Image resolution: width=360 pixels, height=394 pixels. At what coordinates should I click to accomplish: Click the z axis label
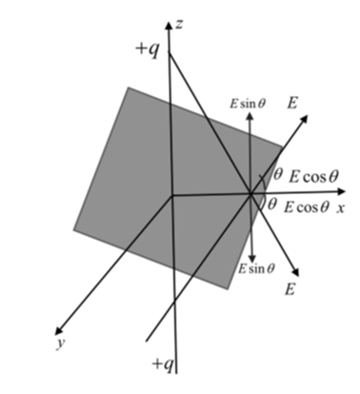pos(179,24)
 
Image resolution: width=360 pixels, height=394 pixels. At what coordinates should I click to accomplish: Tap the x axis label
pos(341,207)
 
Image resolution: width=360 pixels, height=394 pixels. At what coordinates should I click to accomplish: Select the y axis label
pos(61,343)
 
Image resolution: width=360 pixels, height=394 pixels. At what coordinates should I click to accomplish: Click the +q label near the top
pos(147,50)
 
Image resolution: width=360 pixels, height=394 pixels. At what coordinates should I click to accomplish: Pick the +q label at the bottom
pos(163,364)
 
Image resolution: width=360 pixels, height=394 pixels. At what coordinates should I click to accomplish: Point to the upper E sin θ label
pos(248,104)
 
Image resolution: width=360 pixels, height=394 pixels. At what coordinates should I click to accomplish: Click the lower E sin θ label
pos(256,268)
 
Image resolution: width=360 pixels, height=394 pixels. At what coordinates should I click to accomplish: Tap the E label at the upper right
pos(292,103)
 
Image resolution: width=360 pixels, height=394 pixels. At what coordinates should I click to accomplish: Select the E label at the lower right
pos(290,289)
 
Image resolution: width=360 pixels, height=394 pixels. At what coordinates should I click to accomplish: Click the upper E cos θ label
pos(313,176)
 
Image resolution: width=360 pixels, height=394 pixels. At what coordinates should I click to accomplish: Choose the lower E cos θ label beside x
pos(307,207)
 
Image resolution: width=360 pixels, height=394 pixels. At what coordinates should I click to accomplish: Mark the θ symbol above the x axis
pos(277,174)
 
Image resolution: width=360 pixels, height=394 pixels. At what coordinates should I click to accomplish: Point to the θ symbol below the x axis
pos(271,204)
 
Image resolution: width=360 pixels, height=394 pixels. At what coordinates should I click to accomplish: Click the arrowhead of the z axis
pos(169,25)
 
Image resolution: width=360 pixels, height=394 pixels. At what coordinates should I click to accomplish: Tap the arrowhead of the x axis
pos(341,191)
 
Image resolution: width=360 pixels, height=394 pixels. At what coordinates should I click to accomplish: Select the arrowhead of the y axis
pos(58,331)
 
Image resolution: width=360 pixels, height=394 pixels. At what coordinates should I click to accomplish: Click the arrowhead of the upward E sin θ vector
pos(250,116)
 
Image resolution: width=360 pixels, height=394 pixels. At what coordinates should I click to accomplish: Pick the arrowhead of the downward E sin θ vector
pos(252,258)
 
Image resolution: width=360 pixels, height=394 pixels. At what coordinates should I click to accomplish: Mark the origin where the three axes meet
pos(172,196)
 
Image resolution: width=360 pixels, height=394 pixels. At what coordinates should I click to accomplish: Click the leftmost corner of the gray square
pos(74,229)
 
